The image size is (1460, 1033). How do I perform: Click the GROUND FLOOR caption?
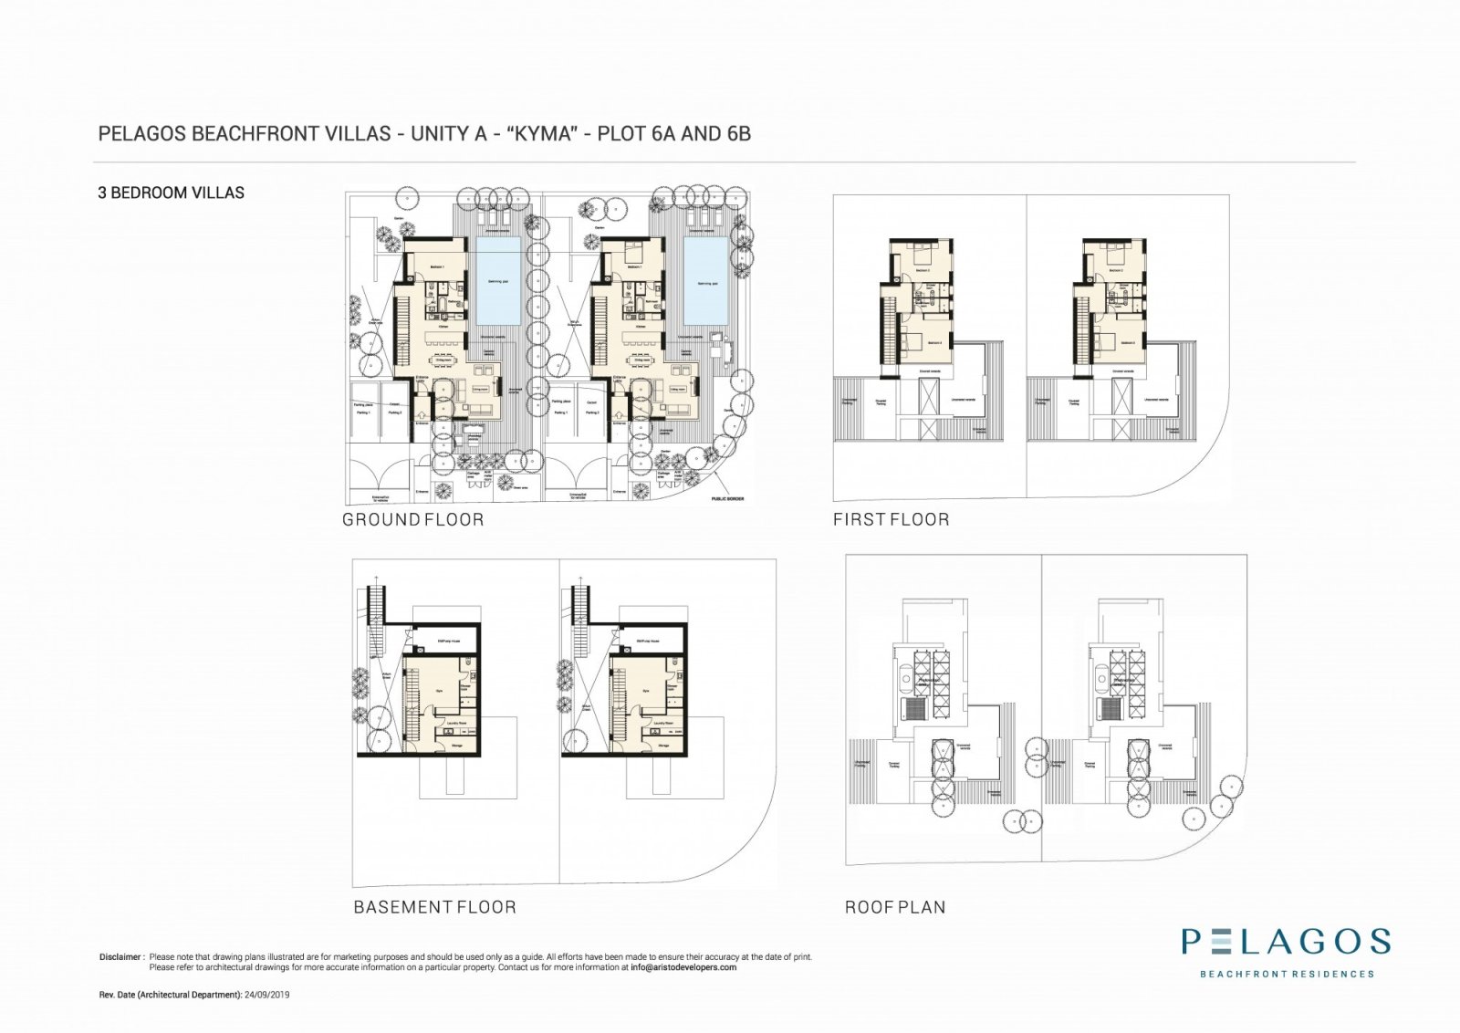(x=412, y=520)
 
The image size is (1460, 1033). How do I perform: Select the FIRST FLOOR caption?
(x=891, y=520)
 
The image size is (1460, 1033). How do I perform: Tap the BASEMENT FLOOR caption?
(x=434, y=907)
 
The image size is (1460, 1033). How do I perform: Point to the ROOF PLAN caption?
(x=894, y=907)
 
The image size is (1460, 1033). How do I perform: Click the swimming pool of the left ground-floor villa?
(x=499, y=281)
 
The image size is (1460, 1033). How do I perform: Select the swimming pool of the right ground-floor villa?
(x=706, y=281)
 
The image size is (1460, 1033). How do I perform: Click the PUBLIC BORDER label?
(x=727, y=499)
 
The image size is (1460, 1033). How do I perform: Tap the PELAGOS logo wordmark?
(x=1286, y=942)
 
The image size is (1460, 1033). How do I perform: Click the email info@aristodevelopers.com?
(x=683, y=967)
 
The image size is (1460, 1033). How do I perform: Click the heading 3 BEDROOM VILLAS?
(x=171, y=193)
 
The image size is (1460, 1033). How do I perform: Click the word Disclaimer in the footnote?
(x=121, y=957)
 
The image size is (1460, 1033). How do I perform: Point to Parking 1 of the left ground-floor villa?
(x=363, y=412)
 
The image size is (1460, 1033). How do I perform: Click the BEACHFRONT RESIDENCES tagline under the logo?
(x=1286, y=974)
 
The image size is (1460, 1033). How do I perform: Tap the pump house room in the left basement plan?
(x=447, y=642)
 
